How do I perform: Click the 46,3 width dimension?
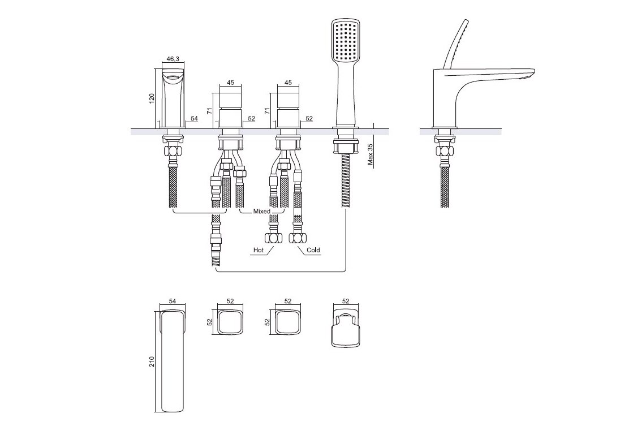pos(173,59)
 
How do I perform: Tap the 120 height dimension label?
pos(152,99)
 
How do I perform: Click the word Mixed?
pos(261,211)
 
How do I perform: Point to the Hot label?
pos(259,250)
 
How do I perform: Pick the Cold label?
pos(313,250)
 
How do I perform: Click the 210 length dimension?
pos(152,361)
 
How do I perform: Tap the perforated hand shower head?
pos(346,40)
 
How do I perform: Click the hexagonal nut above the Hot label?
pos(270,237)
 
